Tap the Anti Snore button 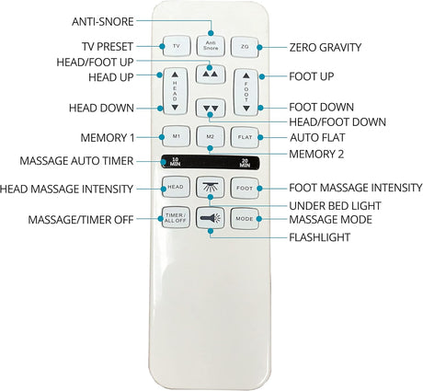[x=211, y=46]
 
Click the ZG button [x=245, y=47]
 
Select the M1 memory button [x=176, y=136]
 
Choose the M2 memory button [x=211, y=137]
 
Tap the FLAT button [x=245, y=137]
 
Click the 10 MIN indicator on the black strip [x=176, y=162]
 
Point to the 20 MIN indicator [x=245, y=163]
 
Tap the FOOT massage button [x=245, y=188]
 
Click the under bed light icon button [x=211, y=187]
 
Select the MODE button [x=245, y=219]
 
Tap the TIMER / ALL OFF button [x=176, y=217]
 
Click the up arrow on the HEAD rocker [x=175, y=75]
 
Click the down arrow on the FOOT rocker [x=246, y=109]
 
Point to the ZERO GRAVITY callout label [x=326, y=48]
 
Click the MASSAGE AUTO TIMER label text [x=76, y=161]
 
